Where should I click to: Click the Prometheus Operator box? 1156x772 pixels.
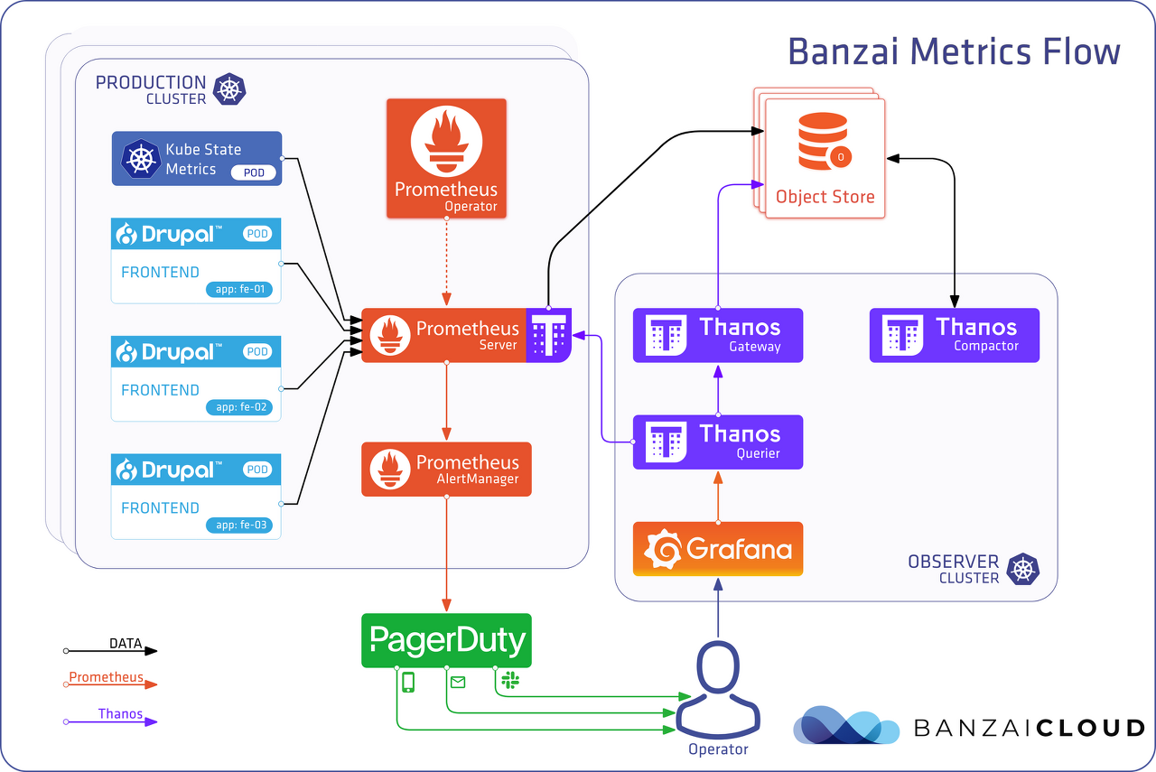[x=446, y=158]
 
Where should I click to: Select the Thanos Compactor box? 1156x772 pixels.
[x=955, y=335]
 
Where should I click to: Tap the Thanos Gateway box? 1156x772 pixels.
[x=718, y=335]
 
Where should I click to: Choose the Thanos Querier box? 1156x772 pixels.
[x=718, y=442]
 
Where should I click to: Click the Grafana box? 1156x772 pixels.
[x=718, y=549]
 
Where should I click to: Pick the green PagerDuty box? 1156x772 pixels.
[x=446, y=640]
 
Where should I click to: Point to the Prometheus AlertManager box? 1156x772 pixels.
[x=446, y=470]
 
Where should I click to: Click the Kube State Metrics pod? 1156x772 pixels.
[x=197, y=158]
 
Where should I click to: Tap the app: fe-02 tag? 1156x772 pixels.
[x=239, y=407]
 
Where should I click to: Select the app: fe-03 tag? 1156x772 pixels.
[x=239, y=525]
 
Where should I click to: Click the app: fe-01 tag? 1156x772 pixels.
[x=239, y=289]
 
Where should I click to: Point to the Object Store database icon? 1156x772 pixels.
[x=825, y=142]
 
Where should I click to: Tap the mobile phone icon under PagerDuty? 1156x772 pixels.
[x=408, y=683]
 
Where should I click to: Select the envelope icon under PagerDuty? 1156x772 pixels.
[x=458, y=683]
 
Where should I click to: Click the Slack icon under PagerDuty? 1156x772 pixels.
[x=510, y=680]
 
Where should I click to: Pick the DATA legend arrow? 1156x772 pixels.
[x=110, y=651]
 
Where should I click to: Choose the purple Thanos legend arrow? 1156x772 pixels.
[x=110, y=722]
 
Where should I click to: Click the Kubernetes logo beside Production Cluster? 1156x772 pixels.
[x=229, y=89]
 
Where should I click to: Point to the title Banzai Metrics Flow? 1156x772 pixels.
[x=954, y=51]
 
